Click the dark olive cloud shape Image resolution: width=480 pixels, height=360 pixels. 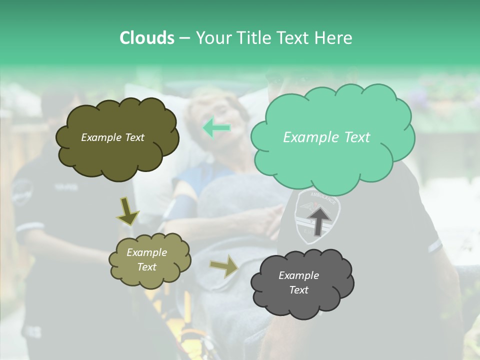(117, 150)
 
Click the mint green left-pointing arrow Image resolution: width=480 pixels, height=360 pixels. (217, 128)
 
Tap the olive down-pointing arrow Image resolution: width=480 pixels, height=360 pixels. (127, 210)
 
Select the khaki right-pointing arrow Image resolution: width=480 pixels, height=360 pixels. (224, 267)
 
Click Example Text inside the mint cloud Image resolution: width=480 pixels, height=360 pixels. (326, 137)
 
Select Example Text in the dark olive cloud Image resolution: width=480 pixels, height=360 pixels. (112, 137)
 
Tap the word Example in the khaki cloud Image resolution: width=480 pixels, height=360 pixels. (146, 252)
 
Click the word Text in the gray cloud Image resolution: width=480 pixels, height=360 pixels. (298, 290)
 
